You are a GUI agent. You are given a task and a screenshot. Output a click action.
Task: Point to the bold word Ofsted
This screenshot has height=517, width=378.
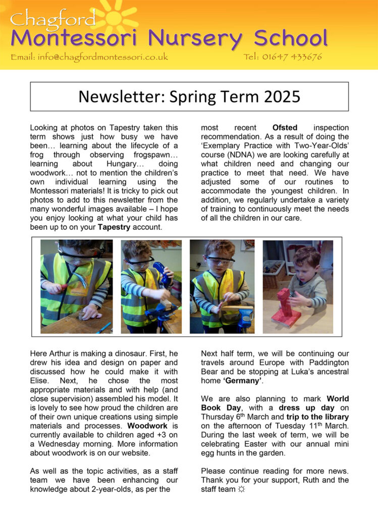(287, 128)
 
